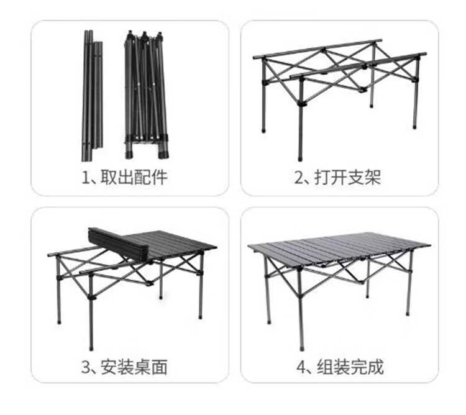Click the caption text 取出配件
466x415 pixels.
click(134, 178)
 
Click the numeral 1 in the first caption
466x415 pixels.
click(86, 178)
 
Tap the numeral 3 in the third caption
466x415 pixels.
click(86, 367)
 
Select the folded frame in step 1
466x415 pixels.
click(145, 93)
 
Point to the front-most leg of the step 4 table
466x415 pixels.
click(301, 311)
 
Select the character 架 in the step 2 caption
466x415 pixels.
click(372, 178)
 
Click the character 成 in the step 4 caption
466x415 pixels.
click(375, 367)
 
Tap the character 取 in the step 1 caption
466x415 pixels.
click(109, 178)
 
